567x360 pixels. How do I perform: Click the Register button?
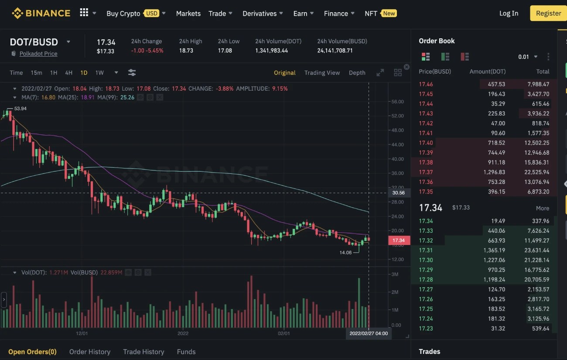coord(548,13)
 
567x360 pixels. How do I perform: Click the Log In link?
coord(509,13)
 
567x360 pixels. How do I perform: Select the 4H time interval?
coord(68,73)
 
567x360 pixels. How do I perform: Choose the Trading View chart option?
coord(322,73)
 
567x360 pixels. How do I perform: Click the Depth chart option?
coord(357,73)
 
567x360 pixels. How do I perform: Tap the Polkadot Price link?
coord(38,54)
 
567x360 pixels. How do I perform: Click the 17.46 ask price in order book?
coord(426,84)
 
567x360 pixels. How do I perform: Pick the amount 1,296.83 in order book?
coord(494,172)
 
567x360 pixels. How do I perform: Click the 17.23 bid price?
coord(426,328)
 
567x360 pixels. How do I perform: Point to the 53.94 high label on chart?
coord(20,108)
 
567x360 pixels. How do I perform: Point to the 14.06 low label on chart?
coord(345,252)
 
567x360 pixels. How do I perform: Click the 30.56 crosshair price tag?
coord(398,193)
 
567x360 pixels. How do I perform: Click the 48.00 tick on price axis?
coord(397,130)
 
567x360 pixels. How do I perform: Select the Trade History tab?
coord(143,352)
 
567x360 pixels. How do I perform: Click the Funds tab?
coord(186,352)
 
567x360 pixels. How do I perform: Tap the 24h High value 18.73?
coord(186,51)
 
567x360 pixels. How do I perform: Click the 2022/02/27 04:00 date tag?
coord(368,333)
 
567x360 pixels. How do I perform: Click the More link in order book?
coord(543,208)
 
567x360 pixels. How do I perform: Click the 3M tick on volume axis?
coord(395,274)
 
